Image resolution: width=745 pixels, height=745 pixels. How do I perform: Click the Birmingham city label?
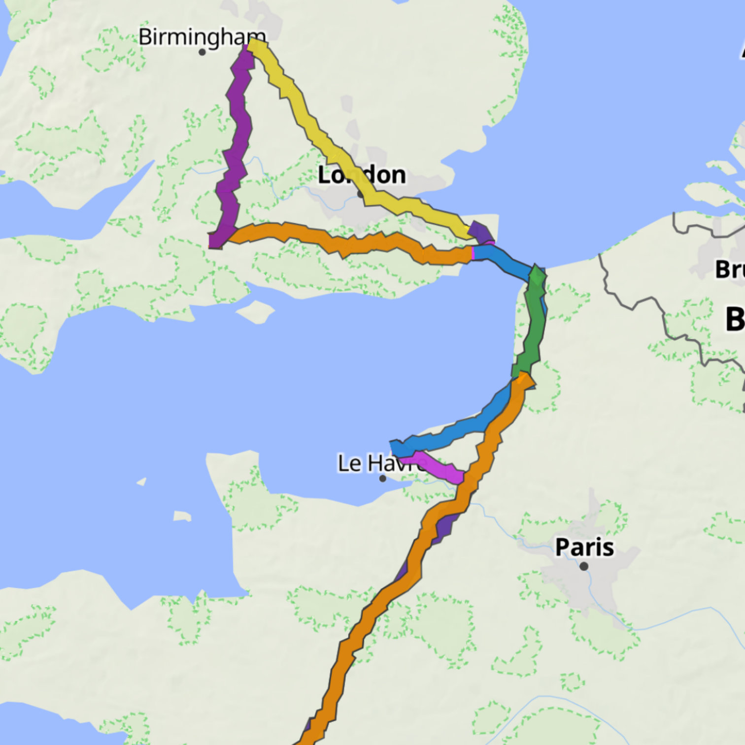[202, 36]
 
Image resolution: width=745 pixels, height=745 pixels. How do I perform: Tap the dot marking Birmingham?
[202, 52]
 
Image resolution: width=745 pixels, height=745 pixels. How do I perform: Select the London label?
[362, 175]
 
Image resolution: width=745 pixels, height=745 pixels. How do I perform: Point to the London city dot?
[360, 195]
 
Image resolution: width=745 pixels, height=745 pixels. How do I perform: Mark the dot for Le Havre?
[383, 478]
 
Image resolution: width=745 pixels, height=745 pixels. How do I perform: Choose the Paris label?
[584, 547]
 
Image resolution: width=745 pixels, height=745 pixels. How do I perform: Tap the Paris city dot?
[584, 566]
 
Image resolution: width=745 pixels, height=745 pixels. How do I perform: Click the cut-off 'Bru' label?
[730, 270]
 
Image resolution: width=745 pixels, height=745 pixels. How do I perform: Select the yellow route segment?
[315, 133]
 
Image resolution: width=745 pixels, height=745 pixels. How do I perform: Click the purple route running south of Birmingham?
[236, 148]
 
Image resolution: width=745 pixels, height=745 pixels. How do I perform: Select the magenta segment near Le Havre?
[434, 466]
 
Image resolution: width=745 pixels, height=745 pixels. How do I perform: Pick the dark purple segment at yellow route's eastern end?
[480, 233]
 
